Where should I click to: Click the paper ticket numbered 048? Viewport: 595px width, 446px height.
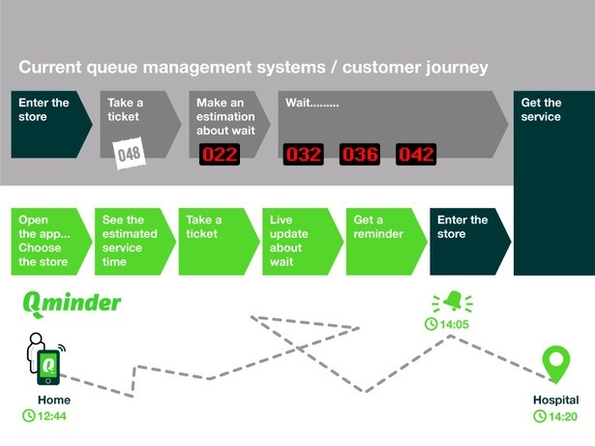tap(129, 154)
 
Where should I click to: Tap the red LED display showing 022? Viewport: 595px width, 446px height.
tap(220, 154)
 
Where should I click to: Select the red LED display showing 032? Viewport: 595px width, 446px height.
tap(303, 154)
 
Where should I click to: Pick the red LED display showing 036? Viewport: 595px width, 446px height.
tap(359, 154)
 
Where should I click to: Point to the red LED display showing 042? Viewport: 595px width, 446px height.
tap(416, 154)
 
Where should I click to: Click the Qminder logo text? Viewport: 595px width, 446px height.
tap(72, 302)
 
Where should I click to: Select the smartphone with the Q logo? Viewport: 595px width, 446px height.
tap(47, 365)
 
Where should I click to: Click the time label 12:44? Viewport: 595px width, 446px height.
tap(48, 416)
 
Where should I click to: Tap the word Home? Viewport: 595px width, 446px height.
tap(53, 400)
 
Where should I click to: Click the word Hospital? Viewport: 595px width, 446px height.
tap(555, 400)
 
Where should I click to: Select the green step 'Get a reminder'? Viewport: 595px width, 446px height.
tap(382, 240)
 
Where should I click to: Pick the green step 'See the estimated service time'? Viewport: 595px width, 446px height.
tap(131, 240)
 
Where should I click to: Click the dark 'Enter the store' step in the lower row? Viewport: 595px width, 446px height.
tap(468, 240)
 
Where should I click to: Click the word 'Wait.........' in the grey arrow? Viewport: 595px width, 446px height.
tap(312, 102)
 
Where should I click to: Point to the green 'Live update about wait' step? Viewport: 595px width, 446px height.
tap(299, 240)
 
